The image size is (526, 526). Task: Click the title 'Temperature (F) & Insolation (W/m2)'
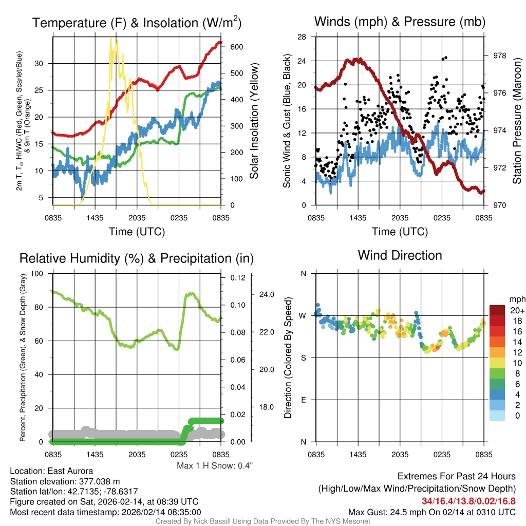[x=137, y=23]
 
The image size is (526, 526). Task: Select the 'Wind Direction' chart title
[x=400, y=255]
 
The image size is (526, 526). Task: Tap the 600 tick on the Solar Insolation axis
[x=236, y=47]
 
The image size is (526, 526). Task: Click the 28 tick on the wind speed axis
[x=302, y=37]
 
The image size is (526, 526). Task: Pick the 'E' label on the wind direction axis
[x=304, y=400]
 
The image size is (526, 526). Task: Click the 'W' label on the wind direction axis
[x=303, y=315]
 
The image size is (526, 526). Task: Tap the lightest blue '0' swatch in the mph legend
[x=497, y=416]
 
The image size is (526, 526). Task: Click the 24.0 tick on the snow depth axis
[x=266, y=295]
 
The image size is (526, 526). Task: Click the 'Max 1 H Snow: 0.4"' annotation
[x=215, y=466]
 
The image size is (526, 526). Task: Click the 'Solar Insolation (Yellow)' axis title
[x=254, y=121]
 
